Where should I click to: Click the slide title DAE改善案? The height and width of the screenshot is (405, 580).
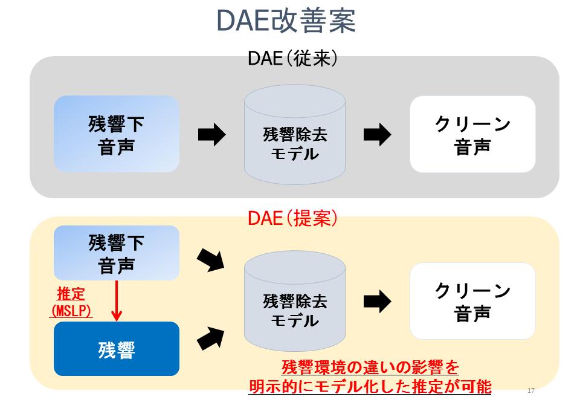point(286,21)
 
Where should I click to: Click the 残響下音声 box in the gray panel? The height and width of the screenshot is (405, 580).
point(117,134)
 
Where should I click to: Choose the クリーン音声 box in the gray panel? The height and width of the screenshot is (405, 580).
point(472,134)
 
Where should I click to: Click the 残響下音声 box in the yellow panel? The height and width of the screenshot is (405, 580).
point(117,253)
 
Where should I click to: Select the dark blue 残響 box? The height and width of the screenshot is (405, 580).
point(117,349)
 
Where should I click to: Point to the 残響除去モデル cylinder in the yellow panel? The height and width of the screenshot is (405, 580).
point(295,302)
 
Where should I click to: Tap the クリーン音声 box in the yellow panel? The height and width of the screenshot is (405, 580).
point(472,301)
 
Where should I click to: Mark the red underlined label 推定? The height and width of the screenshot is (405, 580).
point(71,294)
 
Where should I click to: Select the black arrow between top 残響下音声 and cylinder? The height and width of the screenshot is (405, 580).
point(211,134)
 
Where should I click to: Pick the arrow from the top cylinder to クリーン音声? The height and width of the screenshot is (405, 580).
point(377,134)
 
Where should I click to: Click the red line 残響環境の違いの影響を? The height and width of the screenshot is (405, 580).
point(370,367)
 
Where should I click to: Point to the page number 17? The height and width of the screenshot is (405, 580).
point(532,390)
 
